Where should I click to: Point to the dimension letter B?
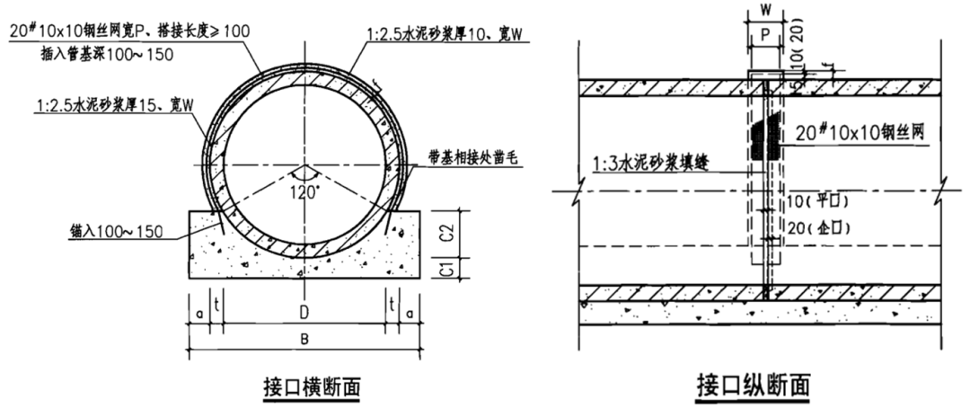pos(304,340)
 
